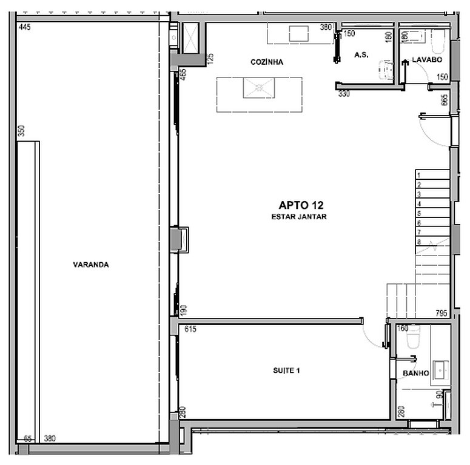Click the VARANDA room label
click(x=91, y=265)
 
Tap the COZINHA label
click(x=267, y=62)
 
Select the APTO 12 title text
click(x=301, y=205)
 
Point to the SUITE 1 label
click(x=286, y=371)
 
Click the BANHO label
click(x=416, y=373)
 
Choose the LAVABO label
click(x=427, y=59)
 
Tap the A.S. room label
click(x=361, y=54)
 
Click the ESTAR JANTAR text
click(x=299, y=217)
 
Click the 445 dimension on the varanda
click(x=25, y=27)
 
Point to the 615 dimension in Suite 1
click(x=190, y=329)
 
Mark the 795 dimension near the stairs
click(x=441, y=313)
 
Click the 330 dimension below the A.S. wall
click(x=344, y=94)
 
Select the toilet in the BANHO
click(x=413, y=337)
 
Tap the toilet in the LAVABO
click(x=438, y=42)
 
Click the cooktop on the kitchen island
click(x=259, y=88)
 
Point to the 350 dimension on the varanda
click(x=21, y=131)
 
